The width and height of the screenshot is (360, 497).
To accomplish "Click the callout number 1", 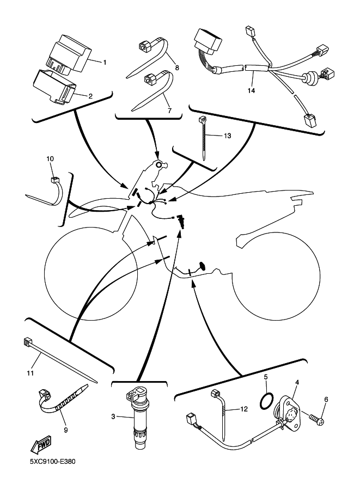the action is point(105,62).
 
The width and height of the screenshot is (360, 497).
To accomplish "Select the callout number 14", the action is point(251,91).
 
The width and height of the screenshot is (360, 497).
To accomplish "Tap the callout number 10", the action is point(50,158).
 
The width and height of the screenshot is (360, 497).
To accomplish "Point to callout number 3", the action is point(113,416).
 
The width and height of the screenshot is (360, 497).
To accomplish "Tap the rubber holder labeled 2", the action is point(54,87).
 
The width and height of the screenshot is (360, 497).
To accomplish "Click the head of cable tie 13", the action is point(202,120).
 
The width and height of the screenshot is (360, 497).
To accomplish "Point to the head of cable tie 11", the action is point(27,342).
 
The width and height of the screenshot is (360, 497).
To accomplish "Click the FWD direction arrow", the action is point(41,446).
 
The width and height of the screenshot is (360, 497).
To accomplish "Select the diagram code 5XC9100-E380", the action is point(53,461).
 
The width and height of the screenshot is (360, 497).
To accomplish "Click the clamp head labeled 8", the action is point(145,46).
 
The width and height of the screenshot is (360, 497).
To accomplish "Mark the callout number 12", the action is point(244,409).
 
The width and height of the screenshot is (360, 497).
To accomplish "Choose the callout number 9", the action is point(66,430).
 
